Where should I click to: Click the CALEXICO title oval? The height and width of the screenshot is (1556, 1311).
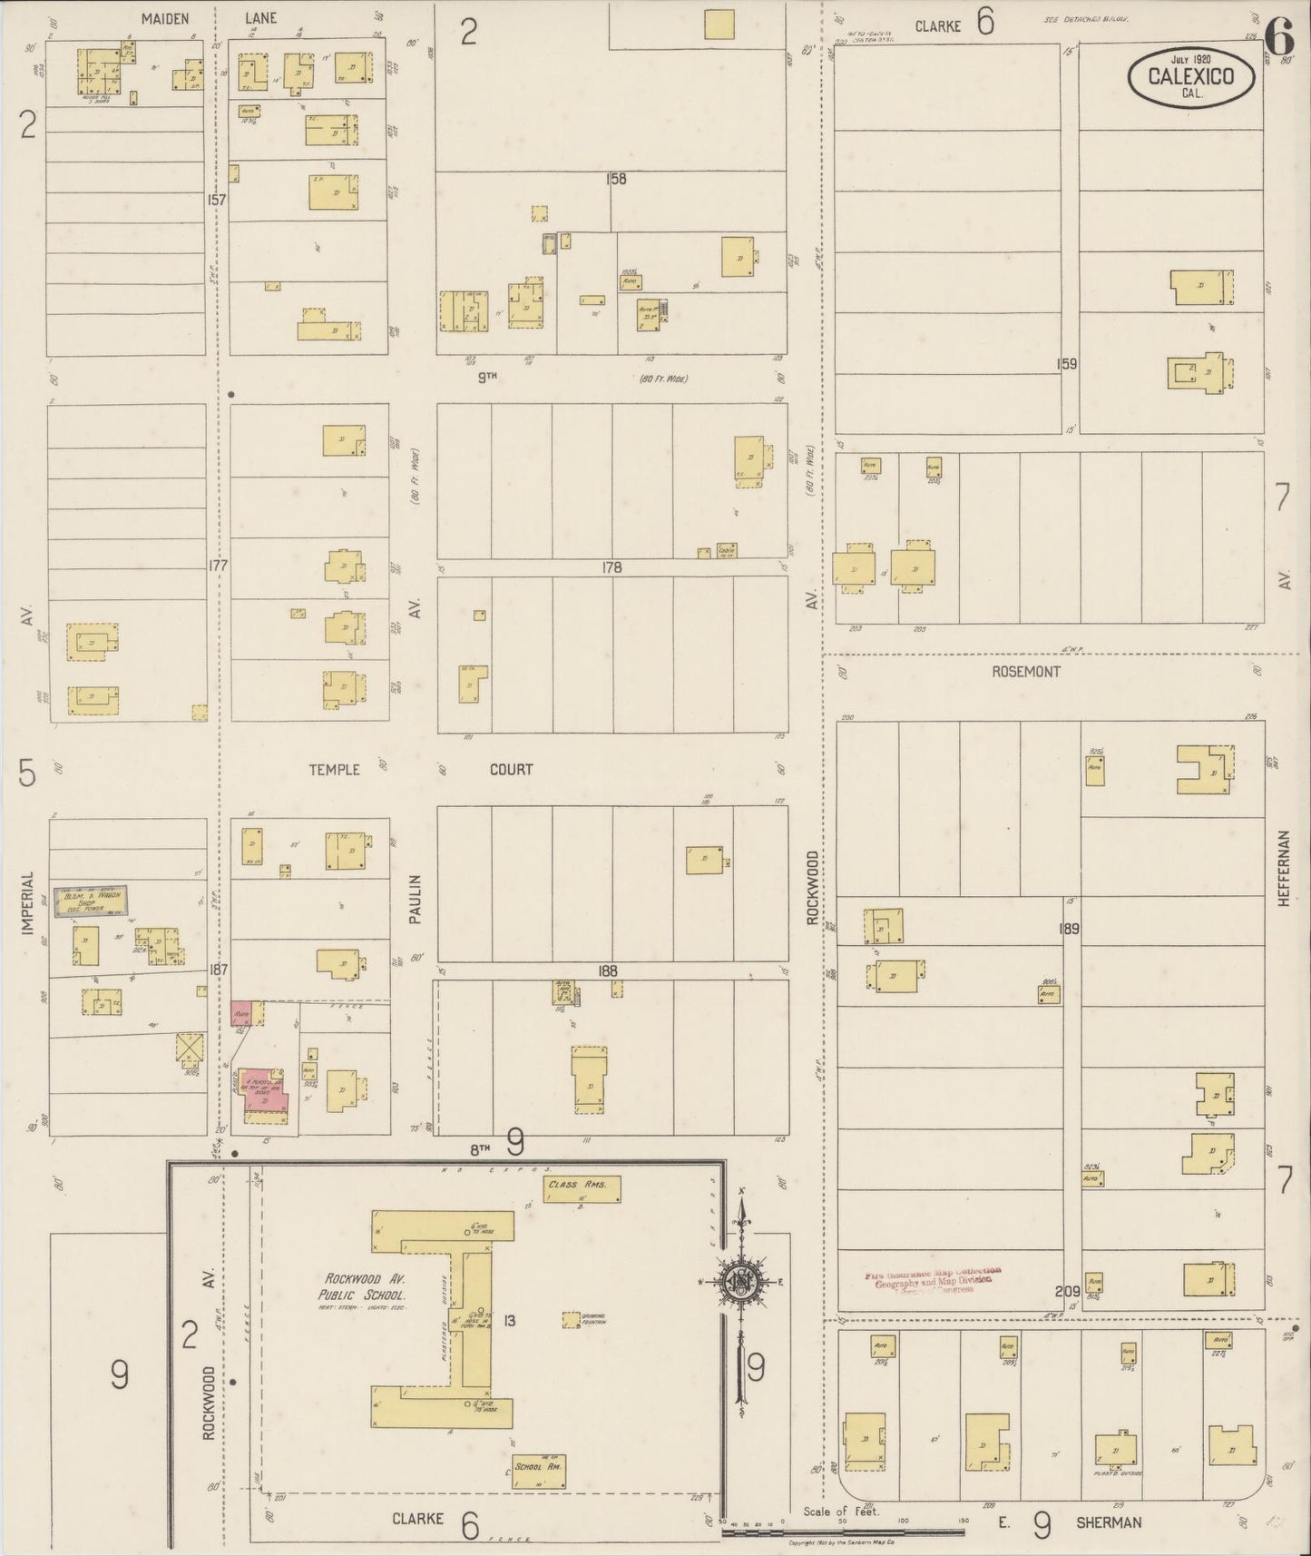pyautogui.click(x=1191, y=76)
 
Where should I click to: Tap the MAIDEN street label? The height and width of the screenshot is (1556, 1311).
pyautogui.click(x=165, y=17)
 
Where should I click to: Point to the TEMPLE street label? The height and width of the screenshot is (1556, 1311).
pyautogui.click(x=334, y=770)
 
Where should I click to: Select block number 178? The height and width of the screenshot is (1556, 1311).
pyautogui.click(x=611, y=567)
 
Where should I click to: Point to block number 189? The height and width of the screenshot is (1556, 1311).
pyautogui.click(x=1068, y=929)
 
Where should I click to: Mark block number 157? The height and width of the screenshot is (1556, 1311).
pyautogui.click(x=215, y=199)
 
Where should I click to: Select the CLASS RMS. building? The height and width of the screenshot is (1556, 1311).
pyautogui.click(x=582, y=1189)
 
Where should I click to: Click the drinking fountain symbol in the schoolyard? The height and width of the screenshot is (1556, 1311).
pyautogui.click(x=572, y=1319)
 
